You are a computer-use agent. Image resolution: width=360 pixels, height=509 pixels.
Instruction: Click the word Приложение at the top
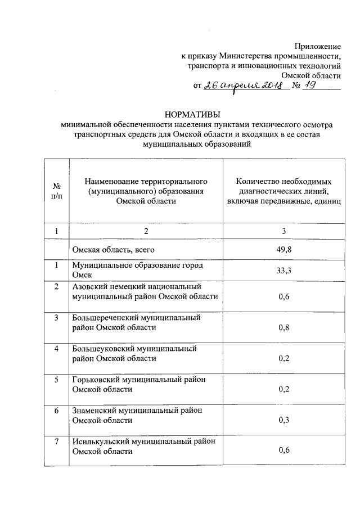click(319, 45)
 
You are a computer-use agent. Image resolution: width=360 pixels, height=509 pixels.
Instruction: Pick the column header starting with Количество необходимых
click(284, 191)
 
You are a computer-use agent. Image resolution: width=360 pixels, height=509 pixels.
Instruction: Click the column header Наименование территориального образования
click(146, 191)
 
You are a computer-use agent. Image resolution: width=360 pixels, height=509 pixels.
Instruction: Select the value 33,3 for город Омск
click(284, 270)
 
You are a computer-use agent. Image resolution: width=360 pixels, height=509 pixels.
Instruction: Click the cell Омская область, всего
click(112, 249)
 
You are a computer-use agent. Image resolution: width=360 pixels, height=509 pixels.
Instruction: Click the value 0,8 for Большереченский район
click(284, 327)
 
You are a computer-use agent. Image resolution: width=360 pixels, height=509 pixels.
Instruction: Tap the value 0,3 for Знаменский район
click(284, 420)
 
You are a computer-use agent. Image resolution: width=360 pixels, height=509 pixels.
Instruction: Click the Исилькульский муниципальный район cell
click(143, 447)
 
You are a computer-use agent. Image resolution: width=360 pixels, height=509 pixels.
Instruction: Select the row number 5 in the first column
click(56, 380)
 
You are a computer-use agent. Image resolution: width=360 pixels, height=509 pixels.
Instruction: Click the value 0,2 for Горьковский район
click(284, 389)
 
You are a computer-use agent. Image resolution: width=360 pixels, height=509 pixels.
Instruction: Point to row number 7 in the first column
click(56, 442)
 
